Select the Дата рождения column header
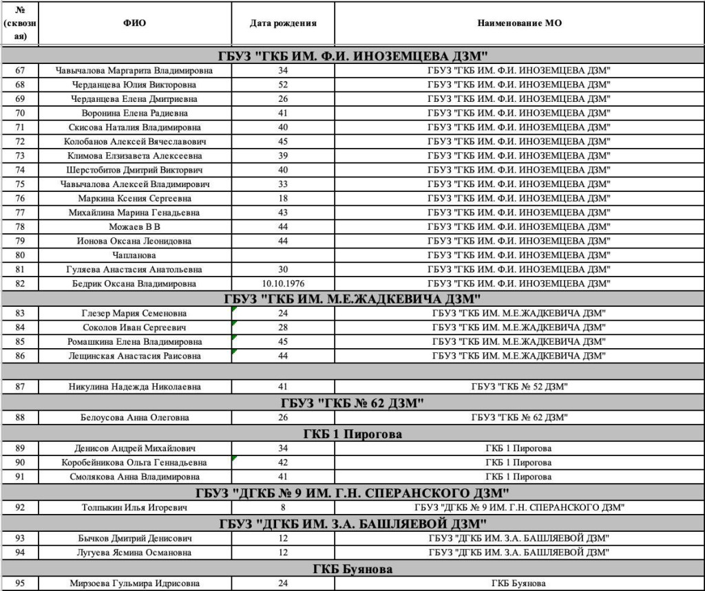pos(283,23)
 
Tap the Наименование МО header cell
pos(519,23)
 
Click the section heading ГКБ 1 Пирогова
pos(352,434)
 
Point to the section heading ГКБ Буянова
pos(352,569)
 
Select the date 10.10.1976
pos(283,283)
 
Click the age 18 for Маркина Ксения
pos(283,198)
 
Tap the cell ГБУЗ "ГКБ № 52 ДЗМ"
pos(519,387)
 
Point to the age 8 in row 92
pos(283,508)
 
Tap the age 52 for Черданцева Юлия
pos(283,85)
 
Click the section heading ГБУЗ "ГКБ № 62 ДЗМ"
pos(352,402)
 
